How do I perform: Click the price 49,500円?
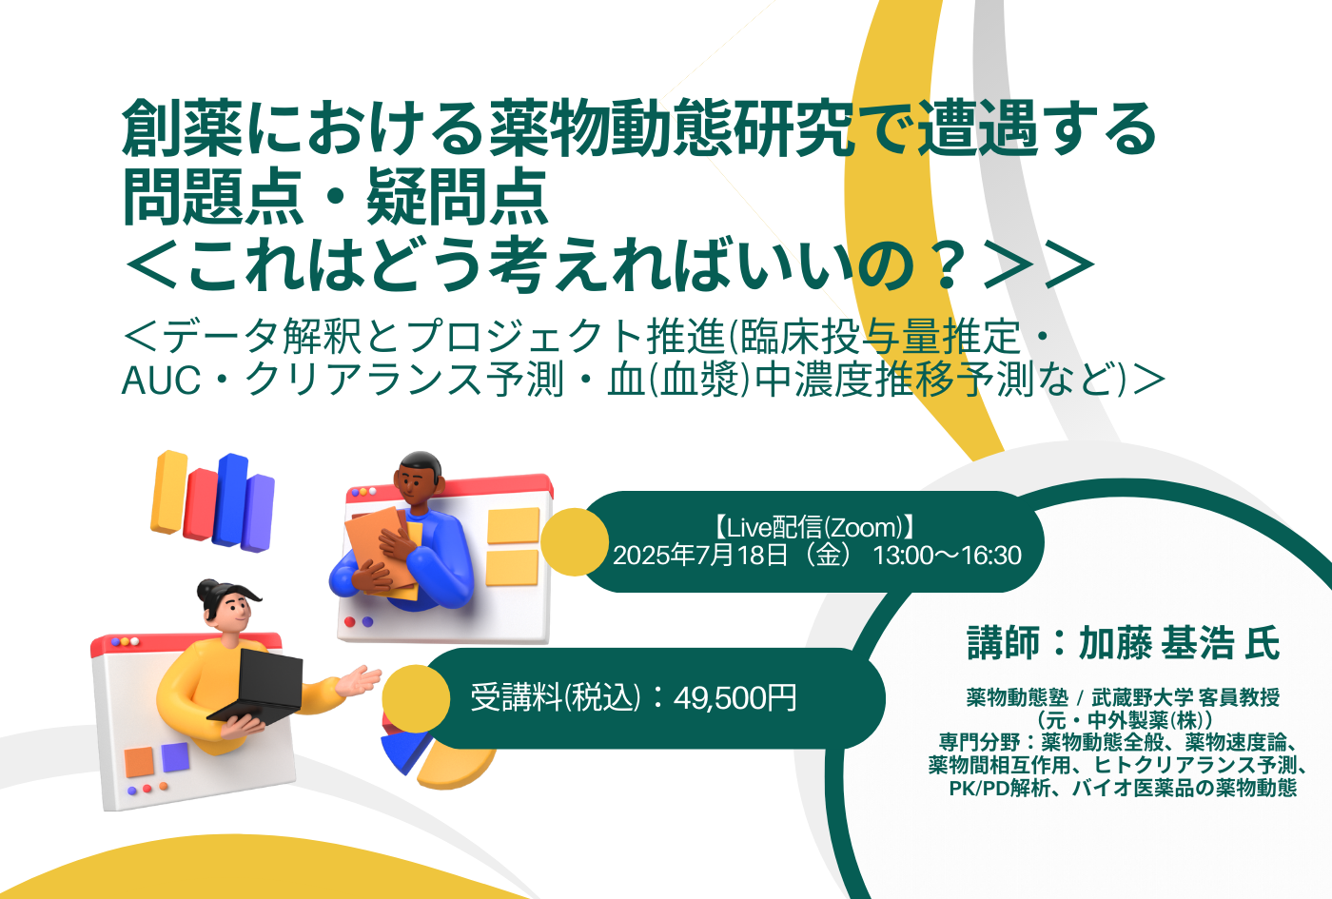click(735, 698)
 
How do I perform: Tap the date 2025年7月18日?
click(700, 556)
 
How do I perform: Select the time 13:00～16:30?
click(947, 556)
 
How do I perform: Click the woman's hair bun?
click(209, 591)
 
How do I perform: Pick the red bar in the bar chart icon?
click(200, 504)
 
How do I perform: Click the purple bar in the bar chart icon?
click(258, 513)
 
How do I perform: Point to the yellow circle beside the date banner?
click(575, 542)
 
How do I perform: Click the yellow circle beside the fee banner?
click(416, 698)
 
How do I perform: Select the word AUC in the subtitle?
click(161, 381)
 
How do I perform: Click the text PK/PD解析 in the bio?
click(999, 789)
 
